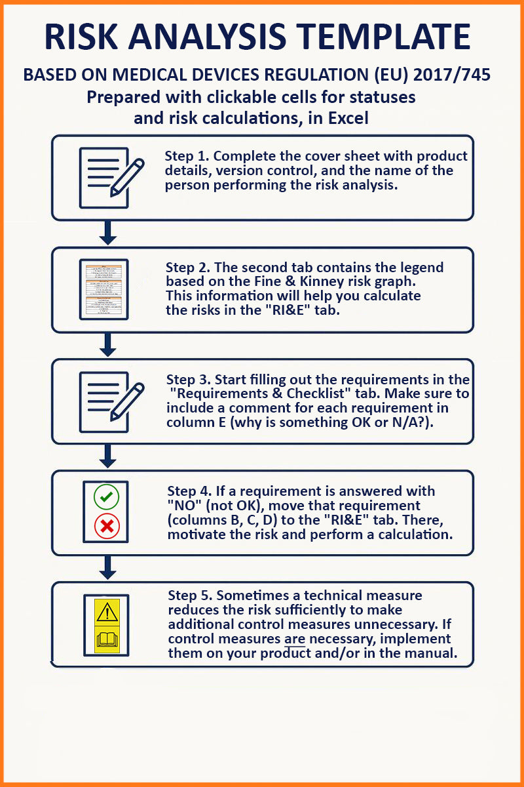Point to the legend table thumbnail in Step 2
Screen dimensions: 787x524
103,289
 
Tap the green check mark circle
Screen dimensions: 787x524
106,497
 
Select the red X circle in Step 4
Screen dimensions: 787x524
106,526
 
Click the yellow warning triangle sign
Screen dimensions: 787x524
107,611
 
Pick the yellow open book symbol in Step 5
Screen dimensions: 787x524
107,638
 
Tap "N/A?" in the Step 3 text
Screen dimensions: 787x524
412,422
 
